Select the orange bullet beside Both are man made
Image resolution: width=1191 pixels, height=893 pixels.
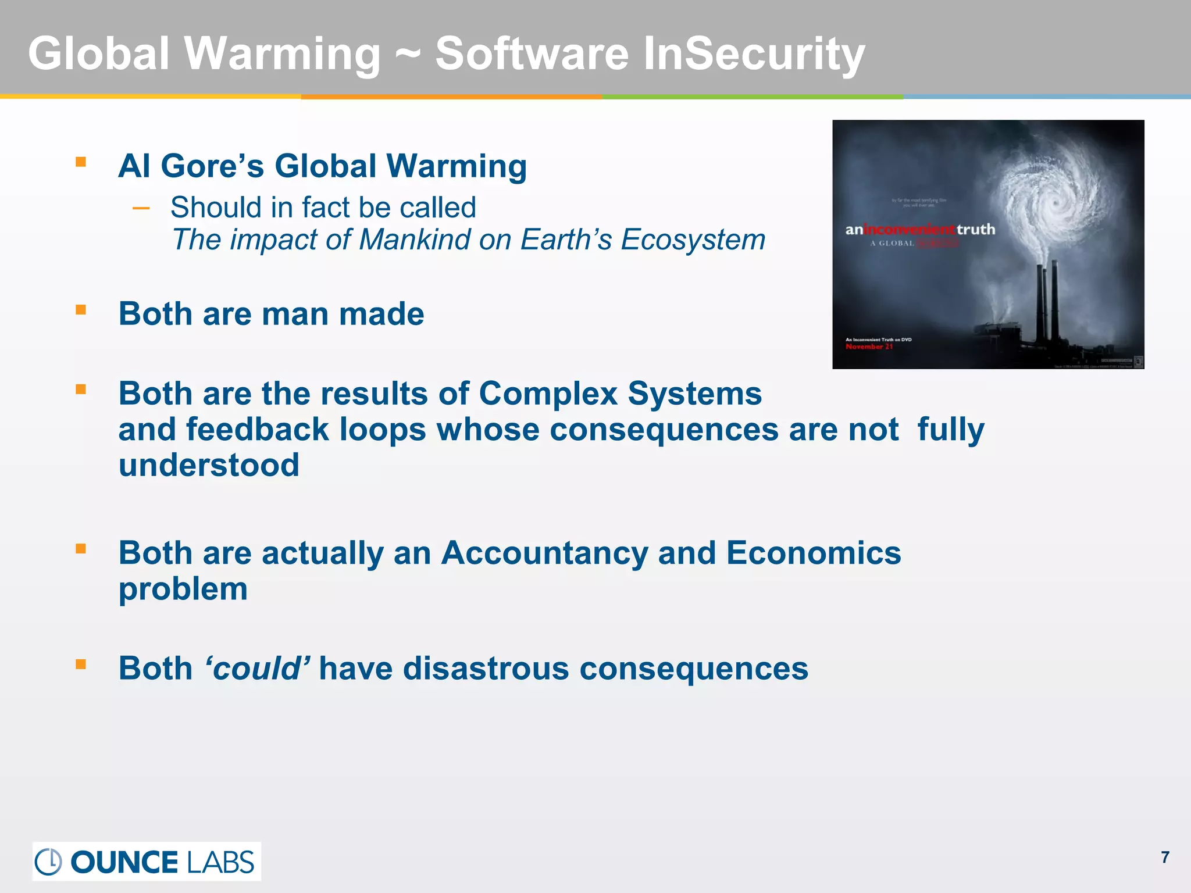pos(81,310)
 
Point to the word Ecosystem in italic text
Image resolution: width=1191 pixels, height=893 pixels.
pos(693,240)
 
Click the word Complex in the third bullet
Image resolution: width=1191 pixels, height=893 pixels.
pos(548,394)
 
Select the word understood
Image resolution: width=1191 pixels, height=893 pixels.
pos(209,465)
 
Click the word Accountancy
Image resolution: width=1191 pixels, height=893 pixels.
pos(544,553)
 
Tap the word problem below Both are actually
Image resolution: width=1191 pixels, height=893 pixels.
pos(183,590)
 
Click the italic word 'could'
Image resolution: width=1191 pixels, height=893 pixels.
pos(257,669)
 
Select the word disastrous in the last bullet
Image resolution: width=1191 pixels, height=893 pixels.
pos(486,669)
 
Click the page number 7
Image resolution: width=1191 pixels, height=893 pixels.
pos(1165,858)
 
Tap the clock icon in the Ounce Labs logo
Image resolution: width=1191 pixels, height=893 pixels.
pos(48,862)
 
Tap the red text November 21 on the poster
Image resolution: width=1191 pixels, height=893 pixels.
pos(869,347)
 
